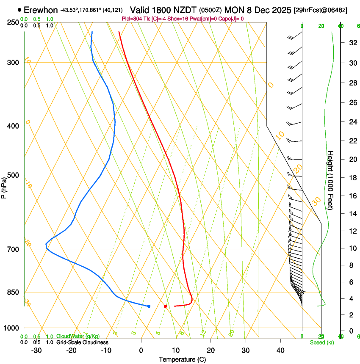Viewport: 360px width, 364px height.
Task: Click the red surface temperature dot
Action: (x=165, y=306)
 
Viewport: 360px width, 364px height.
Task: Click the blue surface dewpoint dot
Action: (x=149, y=306)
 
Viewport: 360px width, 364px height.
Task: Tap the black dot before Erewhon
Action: (x=20, y=10)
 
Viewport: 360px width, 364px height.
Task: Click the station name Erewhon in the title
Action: (x=41, y=10)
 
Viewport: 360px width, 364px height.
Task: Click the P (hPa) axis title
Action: (x=4, y=185)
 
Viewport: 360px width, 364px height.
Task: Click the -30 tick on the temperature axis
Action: (x=36, y=350)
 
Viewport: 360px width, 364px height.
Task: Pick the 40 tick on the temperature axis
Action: (x=280, y=350)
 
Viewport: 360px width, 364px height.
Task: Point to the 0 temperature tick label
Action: (x=141, y=350)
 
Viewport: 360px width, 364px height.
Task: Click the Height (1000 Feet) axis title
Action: (x=330, y=180)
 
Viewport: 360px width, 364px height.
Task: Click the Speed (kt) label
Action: (x=321, y=342)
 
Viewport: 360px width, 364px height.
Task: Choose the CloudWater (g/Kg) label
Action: (x=78, y=336)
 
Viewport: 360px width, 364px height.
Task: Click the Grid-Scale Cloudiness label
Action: (x=82, y=342)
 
